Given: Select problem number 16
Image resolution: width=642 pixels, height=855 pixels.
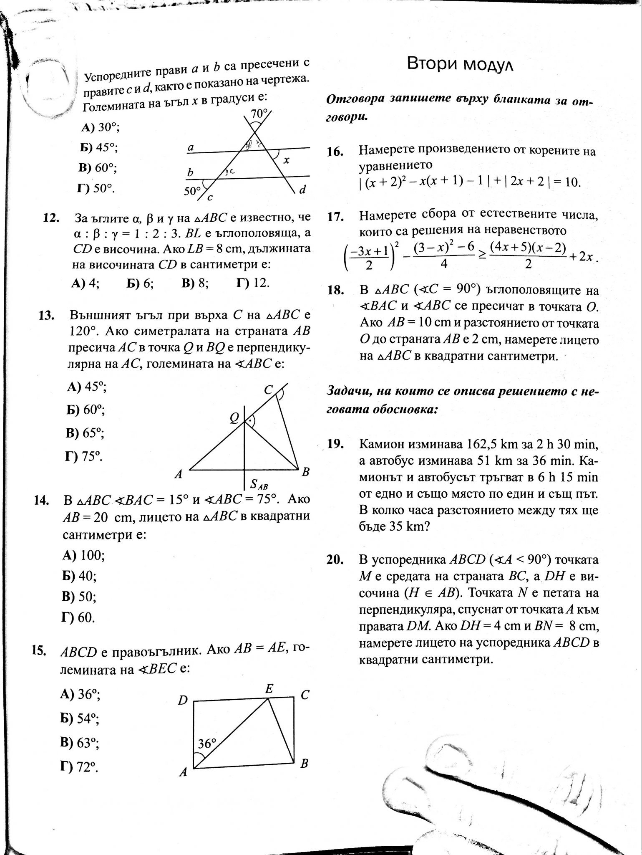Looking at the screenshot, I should click(335, 152).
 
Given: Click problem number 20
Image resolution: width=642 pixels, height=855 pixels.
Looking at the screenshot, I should click(335, 560).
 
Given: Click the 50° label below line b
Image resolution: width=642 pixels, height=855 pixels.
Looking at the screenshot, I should click(192, 191).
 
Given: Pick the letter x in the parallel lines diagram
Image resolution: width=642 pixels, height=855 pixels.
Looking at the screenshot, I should click(287, 160).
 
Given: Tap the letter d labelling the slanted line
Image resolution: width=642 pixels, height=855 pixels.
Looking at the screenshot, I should click(303, 190).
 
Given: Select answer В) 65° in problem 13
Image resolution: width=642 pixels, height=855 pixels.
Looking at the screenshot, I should click(85, 433).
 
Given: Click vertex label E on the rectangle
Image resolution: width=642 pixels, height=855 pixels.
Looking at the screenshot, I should click(270, 689).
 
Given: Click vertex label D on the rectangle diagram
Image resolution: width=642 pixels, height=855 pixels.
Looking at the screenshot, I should click(182, 700).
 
